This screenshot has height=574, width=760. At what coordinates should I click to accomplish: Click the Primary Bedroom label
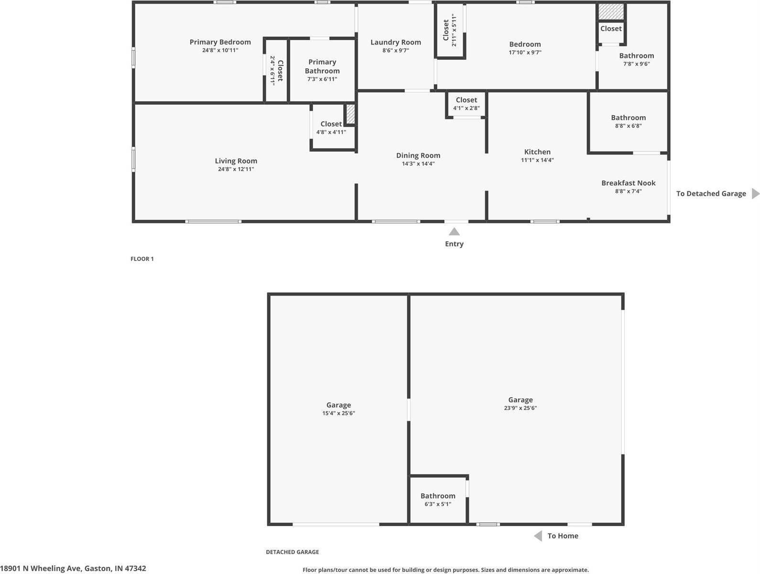220,42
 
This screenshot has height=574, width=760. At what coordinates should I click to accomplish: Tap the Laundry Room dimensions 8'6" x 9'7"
395,50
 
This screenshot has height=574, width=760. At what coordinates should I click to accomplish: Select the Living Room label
236,161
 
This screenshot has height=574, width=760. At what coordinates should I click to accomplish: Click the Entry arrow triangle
454,232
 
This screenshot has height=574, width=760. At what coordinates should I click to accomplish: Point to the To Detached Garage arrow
755,194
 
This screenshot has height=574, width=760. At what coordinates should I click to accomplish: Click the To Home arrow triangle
538,536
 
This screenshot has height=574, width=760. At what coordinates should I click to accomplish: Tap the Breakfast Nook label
628,183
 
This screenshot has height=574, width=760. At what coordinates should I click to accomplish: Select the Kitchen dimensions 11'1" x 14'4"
537,160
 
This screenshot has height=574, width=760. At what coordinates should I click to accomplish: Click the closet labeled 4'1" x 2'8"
466,104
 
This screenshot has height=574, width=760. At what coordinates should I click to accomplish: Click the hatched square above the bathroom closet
611,12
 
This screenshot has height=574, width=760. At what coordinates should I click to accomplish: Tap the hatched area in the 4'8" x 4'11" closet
350,114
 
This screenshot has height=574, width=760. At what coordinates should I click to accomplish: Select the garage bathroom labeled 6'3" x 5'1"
437,499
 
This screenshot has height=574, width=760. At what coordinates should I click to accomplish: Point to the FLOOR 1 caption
142,259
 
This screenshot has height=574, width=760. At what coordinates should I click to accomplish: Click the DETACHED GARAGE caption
292,552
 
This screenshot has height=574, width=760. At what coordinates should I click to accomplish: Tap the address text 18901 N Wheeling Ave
73,568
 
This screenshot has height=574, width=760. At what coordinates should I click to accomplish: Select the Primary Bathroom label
322,66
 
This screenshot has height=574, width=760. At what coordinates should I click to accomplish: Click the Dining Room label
418,155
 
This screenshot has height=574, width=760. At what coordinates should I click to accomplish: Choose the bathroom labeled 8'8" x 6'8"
628,121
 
